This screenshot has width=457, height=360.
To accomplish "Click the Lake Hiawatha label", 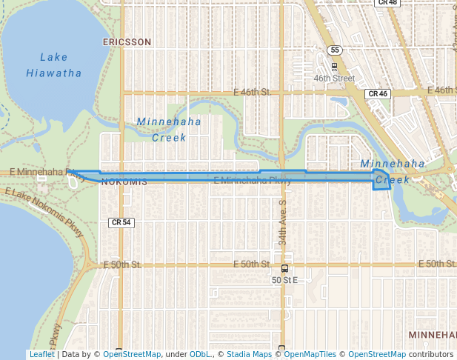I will [x=53, y=65].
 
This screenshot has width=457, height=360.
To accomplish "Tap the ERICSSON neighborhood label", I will [x=127, y=42].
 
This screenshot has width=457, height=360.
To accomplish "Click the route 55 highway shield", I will [x=335, y=50].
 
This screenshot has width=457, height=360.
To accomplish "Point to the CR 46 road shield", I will [x=378, y=94].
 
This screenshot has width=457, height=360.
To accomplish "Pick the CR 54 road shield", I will [x=121, y=222].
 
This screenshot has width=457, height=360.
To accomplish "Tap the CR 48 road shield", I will [x=387, y=3].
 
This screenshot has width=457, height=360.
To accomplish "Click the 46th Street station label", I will [x=334, y=78].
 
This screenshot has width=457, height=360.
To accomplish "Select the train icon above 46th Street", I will [x=334, y=67].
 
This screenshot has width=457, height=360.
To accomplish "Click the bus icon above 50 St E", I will [x=284, y=269].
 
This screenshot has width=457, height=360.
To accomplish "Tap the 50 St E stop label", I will [x=284, y=280].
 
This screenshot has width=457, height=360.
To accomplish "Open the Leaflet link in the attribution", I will [x=41, y=354].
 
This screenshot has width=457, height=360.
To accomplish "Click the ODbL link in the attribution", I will [x=199, y=354].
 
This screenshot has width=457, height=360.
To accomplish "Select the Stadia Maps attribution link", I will [x=249, y=354].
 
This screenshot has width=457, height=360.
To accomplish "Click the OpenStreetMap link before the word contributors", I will [x=377, y=354].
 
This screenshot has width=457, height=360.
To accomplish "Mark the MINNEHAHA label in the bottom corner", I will [x=433, y=336].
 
